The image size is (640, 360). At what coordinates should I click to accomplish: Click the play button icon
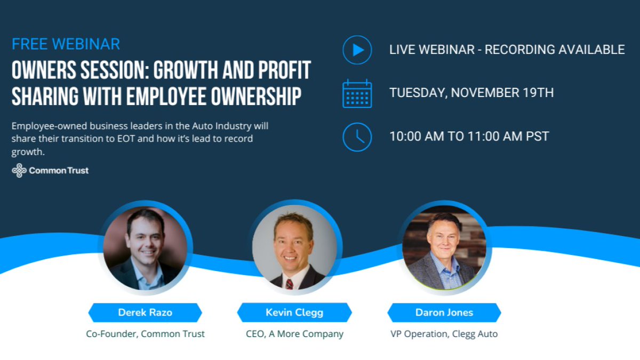(357, 50)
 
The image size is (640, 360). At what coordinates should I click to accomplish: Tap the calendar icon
(357, 93)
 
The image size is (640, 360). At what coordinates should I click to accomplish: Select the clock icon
(357, 137)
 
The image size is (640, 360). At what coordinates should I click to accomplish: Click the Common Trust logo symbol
(19, 171)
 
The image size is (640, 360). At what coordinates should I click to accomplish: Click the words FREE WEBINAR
(66, 44)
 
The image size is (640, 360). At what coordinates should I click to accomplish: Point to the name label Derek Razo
(145, 313)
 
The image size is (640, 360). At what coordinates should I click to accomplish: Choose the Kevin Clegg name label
(294, 313)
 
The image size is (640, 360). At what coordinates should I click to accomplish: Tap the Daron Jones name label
(444, 313)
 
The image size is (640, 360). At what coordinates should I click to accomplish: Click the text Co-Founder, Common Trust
(145, 334)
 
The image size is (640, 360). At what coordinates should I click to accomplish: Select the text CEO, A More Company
(294, 334)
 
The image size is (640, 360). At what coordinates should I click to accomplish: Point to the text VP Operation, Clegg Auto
(444, 334)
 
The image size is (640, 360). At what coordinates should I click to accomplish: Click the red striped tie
(289, 283)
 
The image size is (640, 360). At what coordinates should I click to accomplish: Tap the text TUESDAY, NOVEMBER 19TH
(471, 93)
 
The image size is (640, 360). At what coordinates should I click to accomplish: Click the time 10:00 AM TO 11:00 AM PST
(469, 136)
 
